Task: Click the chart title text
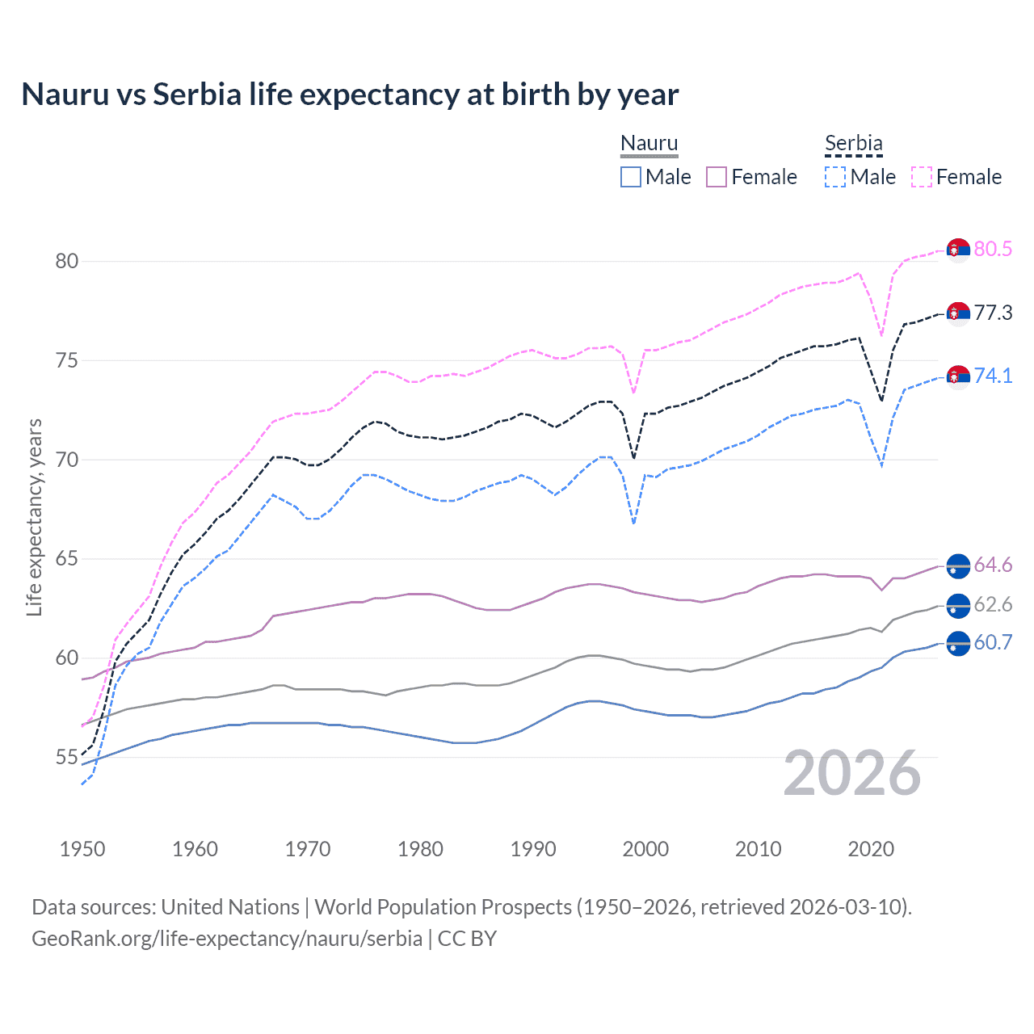(350, 95)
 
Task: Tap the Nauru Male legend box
(631, 177)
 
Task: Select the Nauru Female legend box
(717, 177)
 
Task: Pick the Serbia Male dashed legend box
(835, 177)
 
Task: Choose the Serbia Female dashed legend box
(922, 177)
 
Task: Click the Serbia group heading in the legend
(853, 144)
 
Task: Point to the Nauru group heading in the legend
(649, 144)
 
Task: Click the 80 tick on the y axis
(67, 261)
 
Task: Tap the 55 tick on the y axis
(67, 758)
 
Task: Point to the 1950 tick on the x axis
(82, 849)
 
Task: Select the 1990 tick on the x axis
(533, 849)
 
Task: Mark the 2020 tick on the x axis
(871, 849)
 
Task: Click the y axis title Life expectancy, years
(35, 517)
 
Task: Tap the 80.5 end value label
(993, 249)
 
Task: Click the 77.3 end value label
(993, 313)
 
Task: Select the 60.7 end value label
(993, 643)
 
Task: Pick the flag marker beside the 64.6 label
(958, 565)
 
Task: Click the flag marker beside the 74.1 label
(958, 376)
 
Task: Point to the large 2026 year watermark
(852, 773)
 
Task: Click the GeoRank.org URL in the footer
(227, 939)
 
